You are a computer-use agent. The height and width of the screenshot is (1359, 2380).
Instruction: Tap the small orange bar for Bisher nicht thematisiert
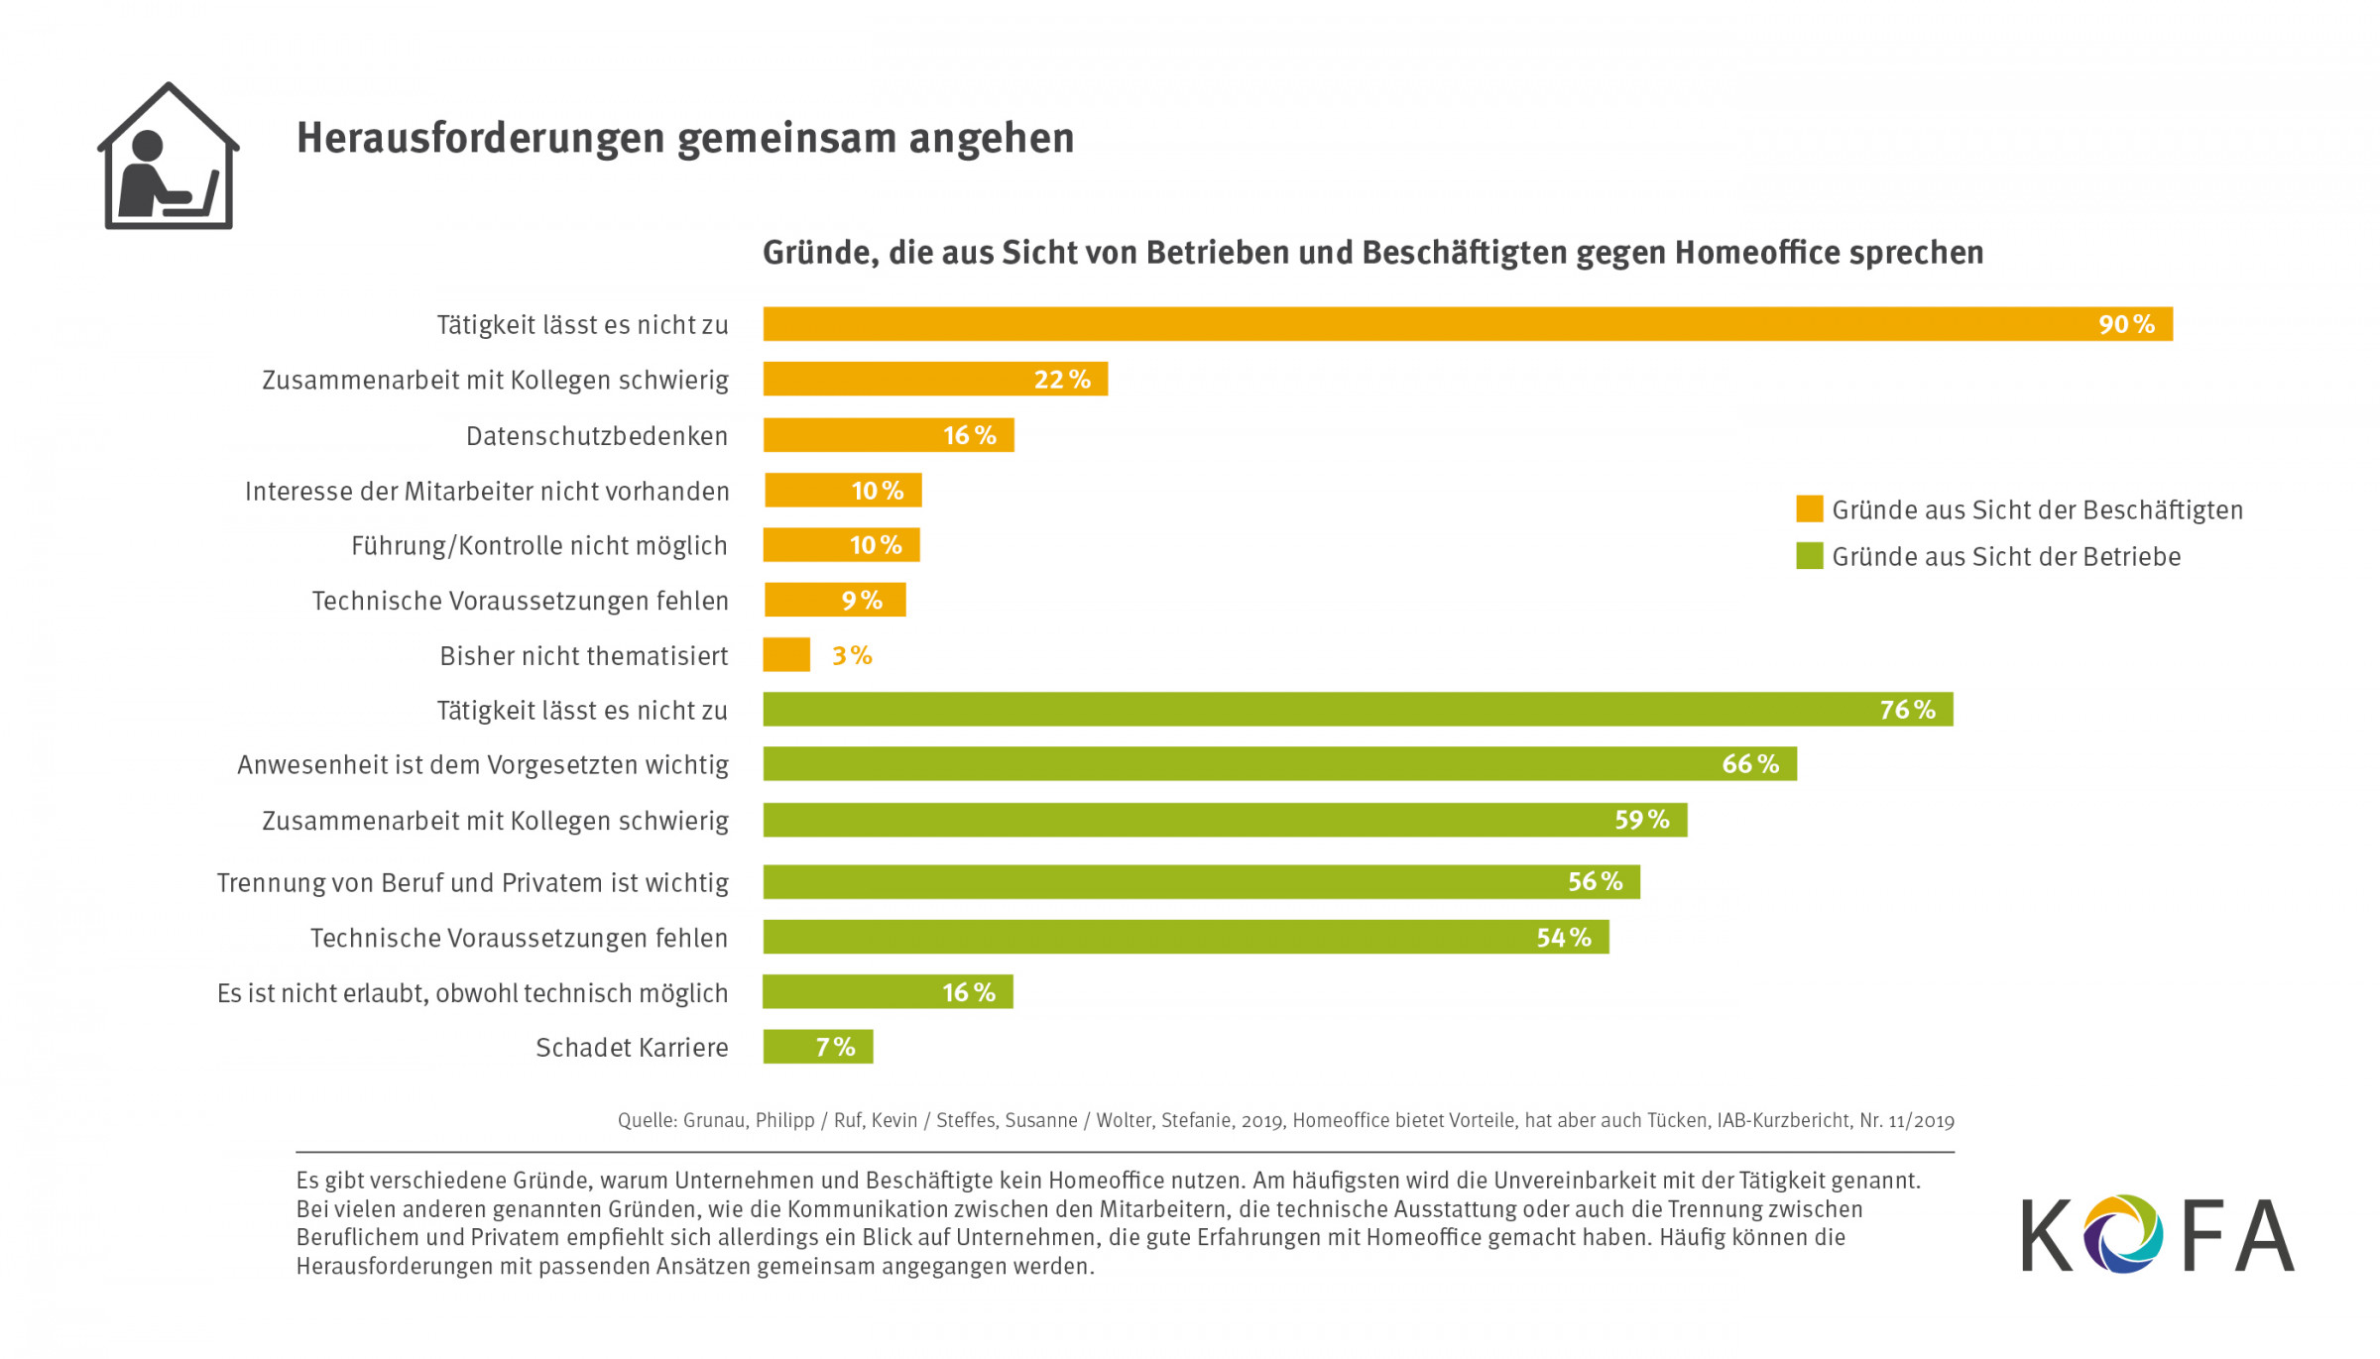(x=786, y=655)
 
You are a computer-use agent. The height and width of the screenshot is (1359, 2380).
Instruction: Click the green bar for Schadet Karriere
(x=817, y=1047)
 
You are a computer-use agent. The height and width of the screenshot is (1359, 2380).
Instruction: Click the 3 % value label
(x=852, y=655)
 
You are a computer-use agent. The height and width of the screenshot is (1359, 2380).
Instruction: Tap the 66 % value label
(x=1750, y=764)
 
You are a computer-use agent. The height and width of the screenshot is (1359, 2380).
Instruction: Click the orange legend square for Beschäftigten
(x=1809, y=510)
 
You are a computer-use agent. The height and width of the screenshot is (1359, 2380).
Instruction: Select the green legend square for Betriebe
(x=1809, y=556)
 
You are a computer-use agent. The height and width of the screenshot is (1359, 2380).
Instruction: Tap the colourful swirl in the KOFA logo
(x=2123, y=1234)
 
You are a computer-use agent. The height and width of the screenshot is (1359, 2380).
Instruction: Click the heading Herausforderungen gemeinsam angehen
(x=685, y=139)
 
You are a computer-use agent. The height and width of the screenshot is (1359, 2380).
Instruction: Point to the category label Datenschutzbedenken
(x=597, y=436)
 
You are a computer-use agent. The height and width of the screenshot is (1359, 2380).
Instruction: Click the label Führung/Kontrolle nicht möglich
(x=539, y=546)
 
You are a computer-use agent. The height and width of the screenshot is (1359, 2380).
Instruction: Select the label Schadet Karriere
(x=632, y=1048)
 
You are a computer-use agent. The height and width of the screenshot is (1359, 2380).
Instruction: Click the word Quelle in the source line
(x=647, y=1121)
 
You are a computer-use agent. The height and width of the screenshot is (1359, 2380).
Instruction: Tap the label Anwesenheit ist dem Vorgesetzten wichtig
(x=483, y=765)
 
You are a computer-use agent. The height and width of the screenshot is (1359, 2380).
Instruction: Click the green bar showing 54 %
(x=1185, y=937)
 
